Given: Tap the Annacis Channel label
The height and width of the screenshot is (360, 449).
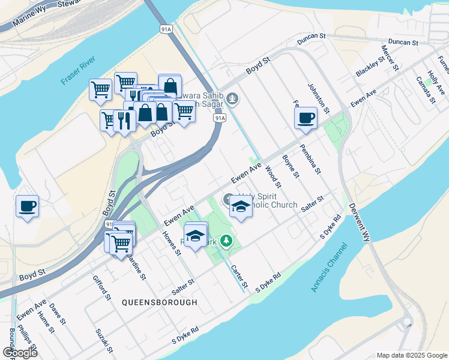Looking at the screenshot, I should pyautogui.click(x=330, y=268).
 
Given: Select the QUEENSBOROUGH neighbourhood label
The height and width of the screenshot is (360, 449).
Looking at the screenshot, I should pyautogui.click(x=159, y=302).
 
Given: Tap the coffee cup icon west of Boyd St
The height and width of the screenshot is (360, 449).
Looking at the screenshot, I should pyautogui.click(x=27, y=206).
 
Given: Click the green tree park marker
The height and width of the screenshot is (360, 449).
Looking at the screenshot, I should pyautogui.click(x=226, y=241).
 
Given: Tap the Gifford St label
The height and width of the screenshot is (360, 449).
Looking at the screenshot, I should pyautogui.click(x=102, y=287).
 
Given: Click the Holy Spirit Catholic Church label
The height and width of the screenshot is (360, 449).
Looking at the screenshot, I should pyautogui.click(x=267, y=201).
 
